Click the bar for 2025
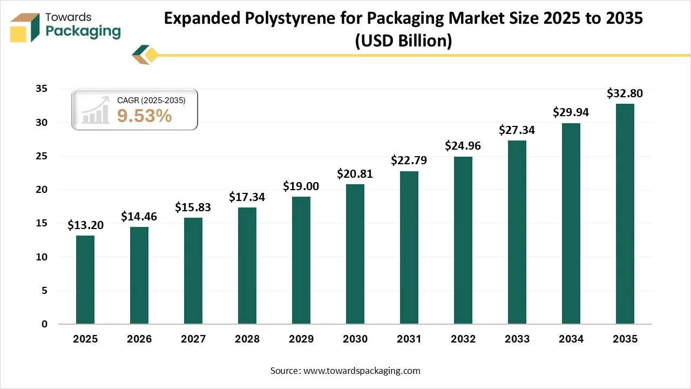pyautogui.click(x=85, y=279)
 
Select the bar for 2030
pyautogui.click(x=355, y=254)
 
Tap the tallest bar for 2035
pyautogui.click(x=625, y=213)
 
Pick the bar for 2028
pyautogui.click(x=247, y=265)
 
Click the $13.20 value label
pyautogui.click(x=85, y=225)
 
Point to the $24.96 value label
pyautogui.click(x=463, y=146)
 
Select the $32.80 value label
pyautogui.click(x=625, y=93)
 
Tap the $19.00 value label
pyautogui.click(x=301, y=186)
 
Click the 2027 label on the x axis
pyautogui.click(x=193, y=339)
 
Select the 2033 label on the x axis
pyautogui.click(x=517, y=339)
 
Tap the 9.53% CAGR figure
pyautogui.click(x=144, y=115)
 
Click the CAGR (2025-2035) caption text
pyautogui.click(x=151, y=100)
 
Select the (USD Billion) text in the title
pyautogui.click(x=403, y=41)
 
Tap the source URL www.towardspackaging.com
pyautogui.click(x=361, y=371)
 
